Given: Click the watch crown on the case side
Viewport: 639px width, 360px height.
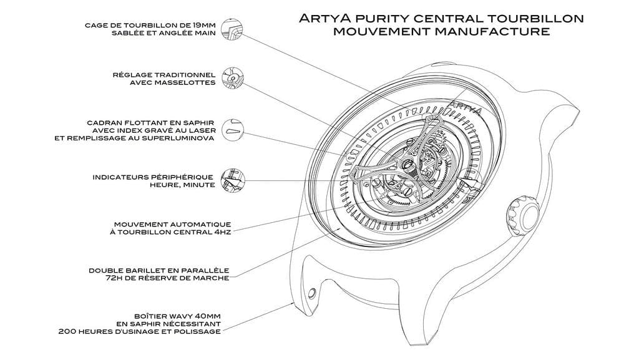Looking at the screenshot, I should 521,214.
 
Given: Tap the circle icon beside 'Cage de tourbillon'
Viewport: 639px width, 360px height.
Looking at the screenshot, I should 233,30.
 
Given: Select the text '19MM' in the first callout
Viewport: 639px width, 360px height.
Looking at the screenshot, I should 204,26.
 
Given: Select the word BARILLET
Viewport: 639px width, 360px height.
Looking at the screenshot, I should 147,270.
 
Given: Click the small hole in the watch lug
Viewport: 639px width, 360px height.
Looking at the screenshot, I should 310,291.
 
